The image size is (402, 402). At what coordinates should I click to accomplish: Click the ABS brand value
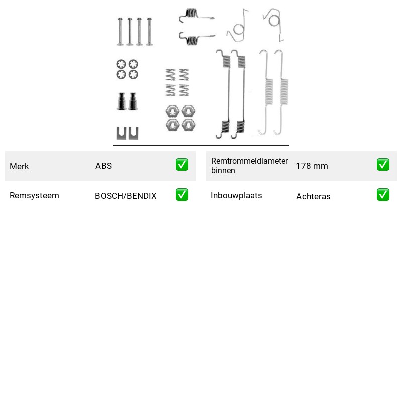104,166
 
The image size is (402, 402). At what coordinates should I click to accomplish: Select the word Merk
19,166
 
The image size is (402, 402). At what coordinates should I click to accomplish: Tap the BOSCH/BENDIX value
126,196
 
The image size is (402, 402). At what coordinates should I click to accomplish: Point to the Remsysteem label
34,195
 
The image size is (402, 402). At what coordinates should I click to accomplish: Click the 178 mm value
312,166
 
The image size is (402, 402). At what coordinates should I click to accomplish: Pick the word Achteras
313,196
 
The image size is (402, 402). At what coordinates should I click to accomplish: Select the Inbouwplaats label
236,195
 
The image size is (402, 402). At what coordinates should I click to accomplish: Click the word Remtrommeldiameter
249,161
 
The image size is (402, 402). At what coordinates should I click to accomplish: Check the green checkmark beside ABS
182,165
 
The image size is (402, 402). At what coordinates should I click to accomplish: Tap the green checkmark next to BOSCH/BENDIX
182,195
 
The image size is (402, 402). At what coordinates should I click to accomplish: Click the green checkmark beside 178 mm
383,165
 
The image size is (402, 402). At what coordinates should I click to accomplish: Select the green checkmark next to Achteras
383,195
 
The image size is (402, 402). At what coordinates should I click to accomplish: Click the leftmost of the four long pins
120,32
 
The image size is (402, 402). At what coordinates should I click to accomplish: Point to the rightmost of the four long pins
149,32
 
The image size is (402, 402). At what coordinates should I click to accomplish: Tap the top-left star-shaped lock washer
121,64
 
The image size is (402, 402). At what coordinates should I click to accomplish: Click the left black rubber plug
121,102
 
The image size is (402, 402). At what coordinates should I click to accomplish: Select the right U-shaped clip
133,133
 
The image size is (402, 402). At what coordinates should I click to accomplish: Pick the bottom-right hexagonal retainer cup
189,125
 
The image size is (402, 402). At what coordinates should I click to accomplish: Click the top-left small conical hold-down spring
170,75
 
